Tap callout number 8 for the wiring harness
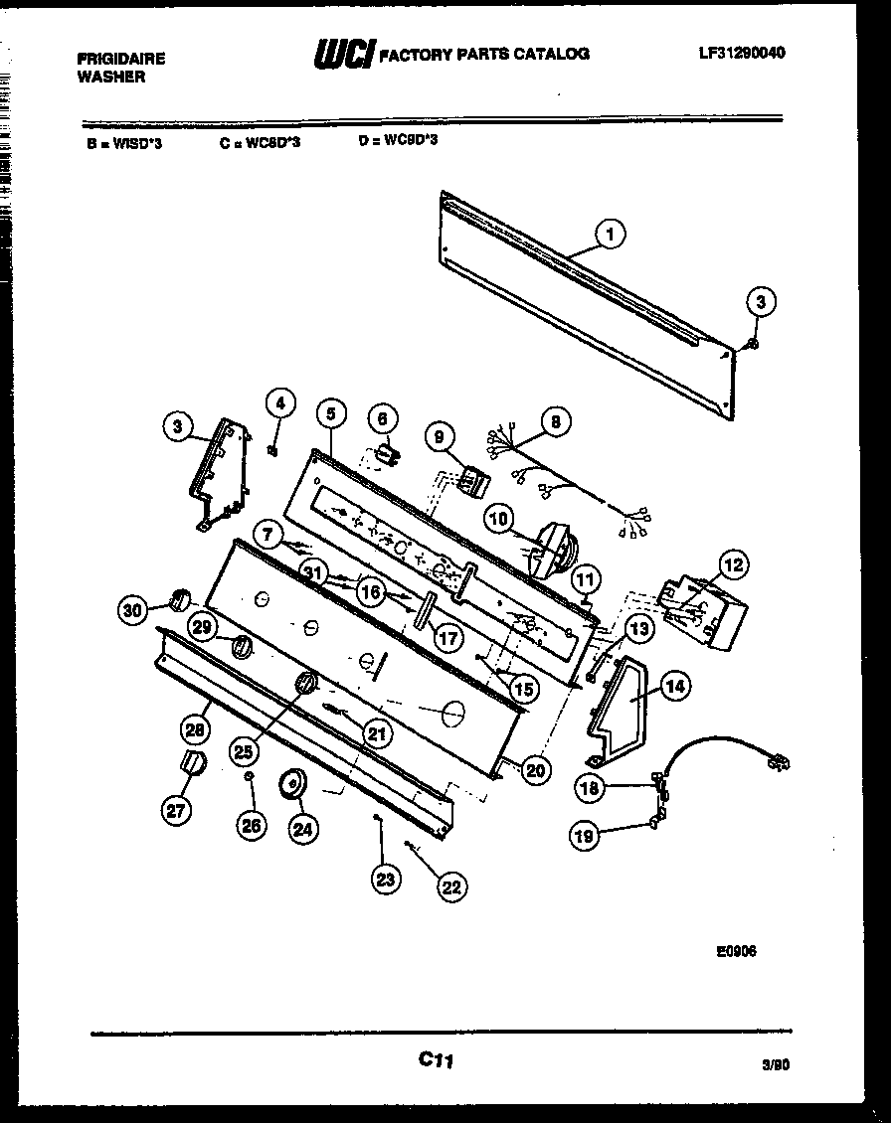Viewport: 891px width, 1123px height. point(555,421)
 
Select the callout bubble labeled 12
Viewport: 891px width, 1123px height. point(732,566)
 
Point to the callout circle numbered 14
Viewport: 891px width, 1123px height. point(675,685)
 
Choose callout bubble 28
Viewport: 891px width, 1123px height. point(194,729)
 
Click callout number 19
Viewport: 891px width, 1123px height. point(584,837)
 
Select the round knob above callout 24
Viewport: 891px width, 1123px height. point(292,783)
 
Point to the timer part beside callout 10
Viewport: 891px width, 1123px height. point(550,552)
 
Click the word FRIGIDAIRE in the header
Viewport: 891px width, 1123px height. point(121,59)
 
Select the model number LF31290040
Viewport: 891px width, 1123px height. point(742,53)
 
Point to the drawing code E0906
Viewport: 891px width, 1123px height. point(736,950)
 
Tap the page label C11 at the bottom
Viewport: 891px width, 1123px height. point(436,1061)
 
